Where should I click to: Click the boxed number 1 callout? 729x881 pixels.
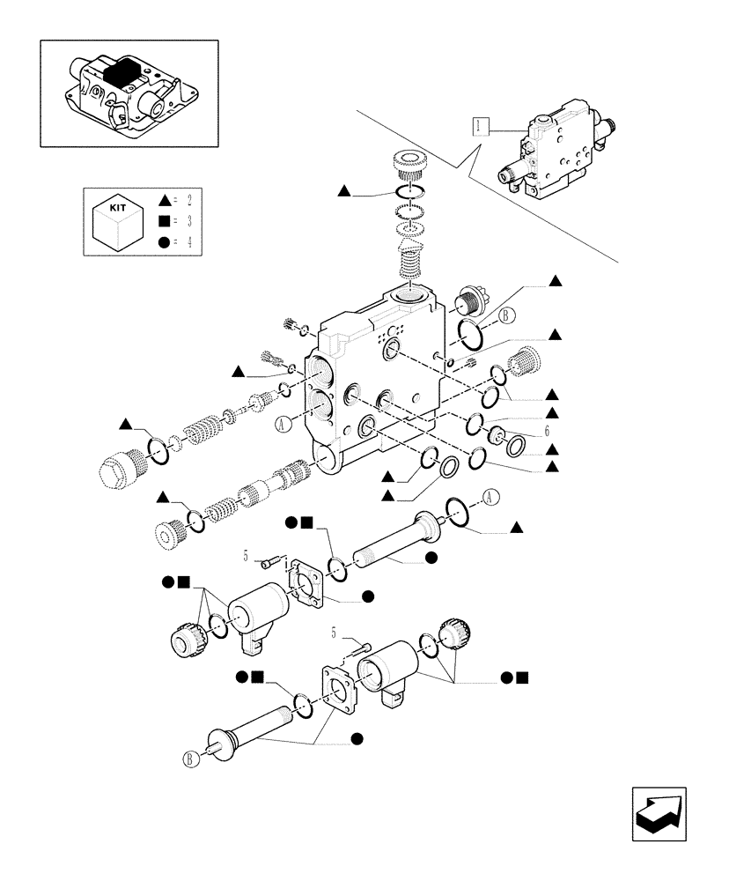click(x=478, y=125)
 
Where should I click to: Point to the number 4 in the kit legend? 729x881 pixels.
click(x=188, y=241)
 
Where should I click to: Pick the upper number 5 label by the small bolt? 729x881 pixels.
click(x=247, y=555)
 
